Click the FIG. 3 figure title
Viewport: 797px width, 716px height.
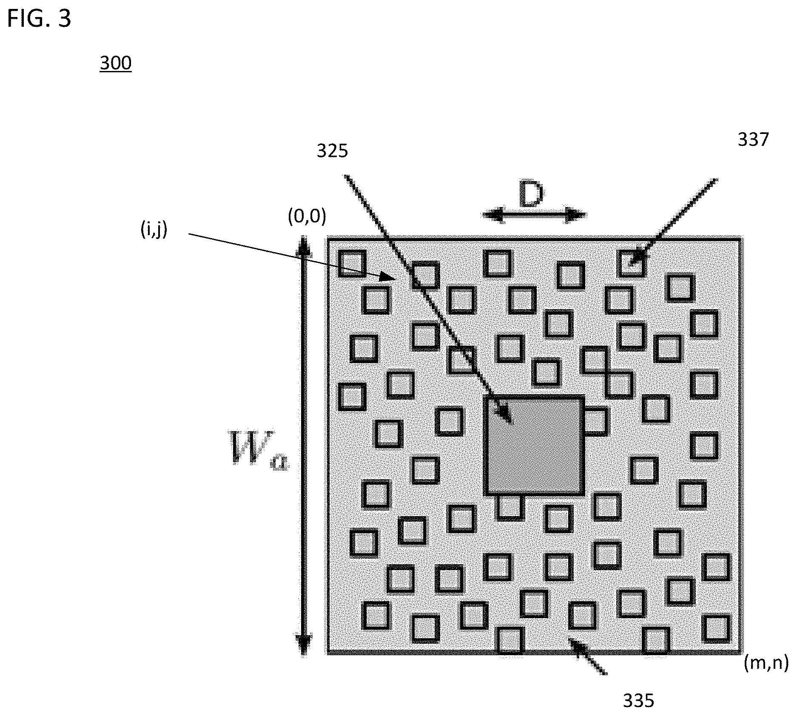tap(39, 19)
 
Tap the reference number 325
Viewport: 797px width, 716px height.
tap(332, 151)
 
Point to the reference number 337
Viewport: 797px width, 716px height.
tap(753, 139)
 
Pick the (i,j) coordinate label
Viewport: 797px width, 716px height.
tap(154, 230)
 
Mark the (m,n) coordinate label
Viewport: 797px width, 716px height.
tap(766, 663)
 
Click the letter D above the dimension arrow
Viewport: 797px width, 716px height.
tap(531, 196)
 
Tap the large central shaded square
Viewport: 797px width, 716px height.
tap(534, 445)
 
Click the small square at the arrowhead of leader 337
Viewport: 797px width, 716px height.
tap(631, 263)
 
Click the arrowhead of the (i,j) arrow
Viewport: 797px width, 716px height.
tap(389, 277)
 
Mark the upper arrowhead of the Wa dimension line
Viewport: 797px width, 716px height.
tap(303, 247)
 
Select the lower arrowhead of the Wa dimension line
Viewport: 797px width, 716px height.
tap(303, 645)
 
